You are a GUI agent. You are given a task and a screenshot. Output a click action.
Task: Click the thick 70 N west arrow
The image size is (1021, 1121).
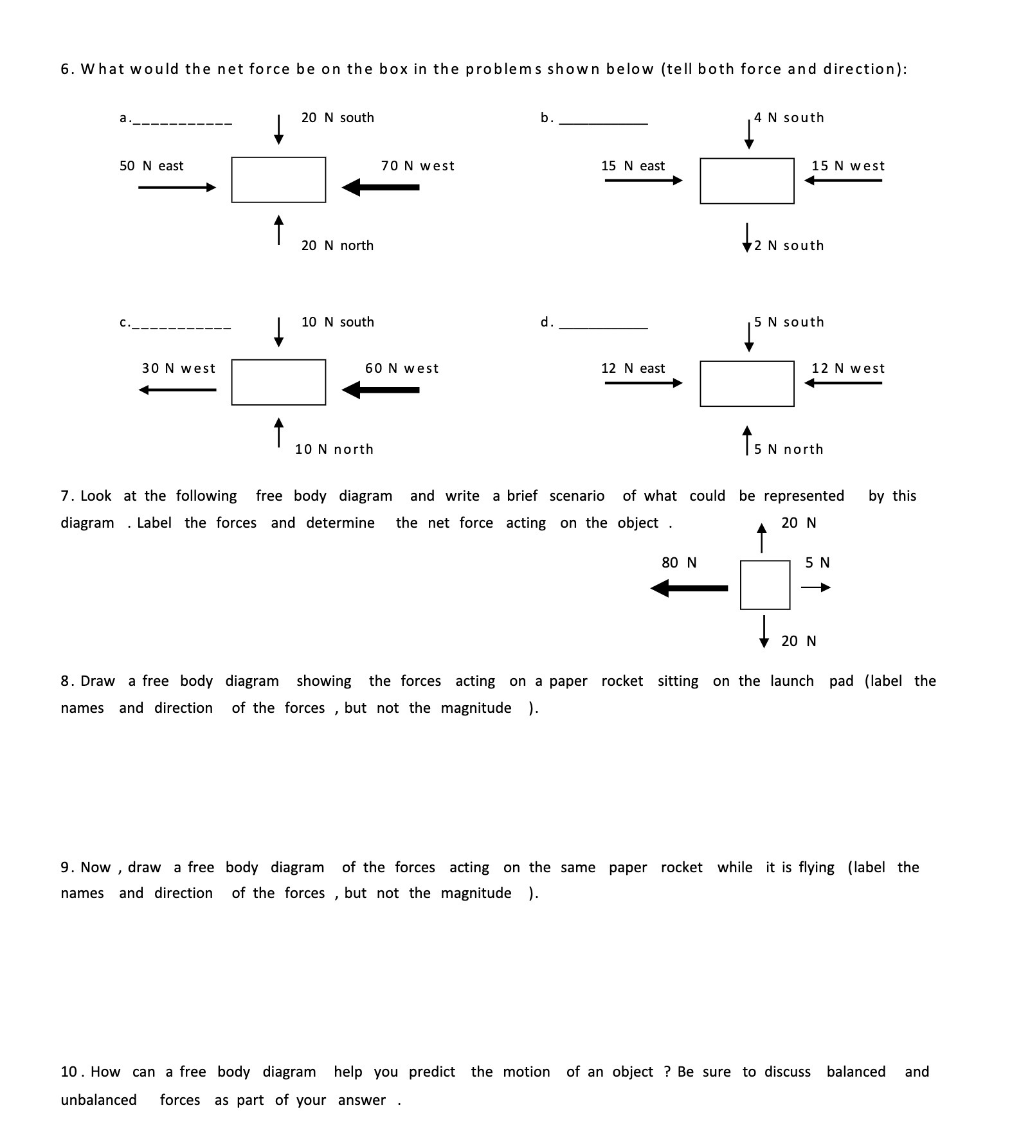(381, 187)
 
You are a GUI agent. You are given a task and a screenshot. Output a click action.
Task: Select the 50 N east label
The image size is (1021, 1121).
(151, 166)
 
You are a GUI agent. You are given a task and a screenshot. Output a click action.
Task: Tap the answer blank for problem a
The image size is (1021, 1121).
(183, 121)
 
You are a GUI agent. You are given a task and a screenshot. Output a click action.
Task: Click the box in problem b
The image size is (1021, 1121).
(746, 181)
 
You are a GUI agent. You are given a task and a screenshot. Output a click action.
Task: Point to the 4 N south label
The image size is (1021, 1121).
(789, 118)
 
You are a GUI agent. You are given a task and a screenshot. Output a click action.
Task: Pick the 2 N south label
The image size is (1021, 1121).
(789, 246)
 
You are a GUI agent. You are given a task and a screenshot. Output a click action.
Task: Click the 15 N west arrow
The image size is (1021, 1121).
(843, 181)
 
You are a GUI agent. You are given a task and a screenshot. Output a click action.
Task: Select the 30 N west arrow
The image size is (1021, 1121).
(177, 390)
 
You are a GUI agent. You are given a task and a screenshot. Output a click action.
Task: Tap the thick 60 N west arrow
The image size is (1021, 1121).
(381, 390)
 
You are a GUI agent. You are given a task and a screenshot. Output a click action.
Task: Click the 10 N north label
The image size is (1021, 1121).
(334, 449)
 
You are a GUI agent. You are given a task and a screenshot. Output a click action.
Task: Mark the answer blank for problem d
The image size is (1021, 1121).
(604, 327)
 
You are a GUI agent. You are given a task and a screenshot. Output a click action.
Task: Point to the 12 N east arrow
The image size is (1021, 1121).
(643, 383)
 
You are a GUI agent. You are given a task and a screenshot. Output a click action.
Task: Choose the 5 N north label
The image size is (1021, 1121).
(789, 449)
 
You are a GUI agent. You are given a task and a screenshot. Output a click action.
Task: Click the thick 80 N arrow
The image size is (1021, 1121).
(689, 587)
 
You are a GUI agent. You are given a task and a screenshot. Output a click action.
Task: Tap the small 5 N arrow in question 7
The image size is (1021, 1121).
(816, 587)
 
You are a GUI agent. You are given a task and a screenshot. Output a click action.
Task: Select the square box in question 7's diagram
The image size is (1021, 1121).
(765, 585)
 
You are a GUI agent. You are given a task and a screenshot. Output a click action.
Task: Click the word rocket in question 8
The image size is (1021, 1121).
(622, 681)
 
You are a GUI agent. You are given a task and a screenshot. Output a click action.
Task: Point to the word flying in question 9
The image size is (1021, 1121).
(817, 868)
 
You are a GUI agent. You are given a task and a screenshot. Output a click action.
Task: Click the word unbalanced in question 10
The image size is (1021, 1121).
(98, 1100)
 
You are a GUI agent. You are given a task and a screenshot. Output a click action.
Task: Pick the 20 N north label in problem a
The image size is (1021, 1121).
(338, 246)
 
